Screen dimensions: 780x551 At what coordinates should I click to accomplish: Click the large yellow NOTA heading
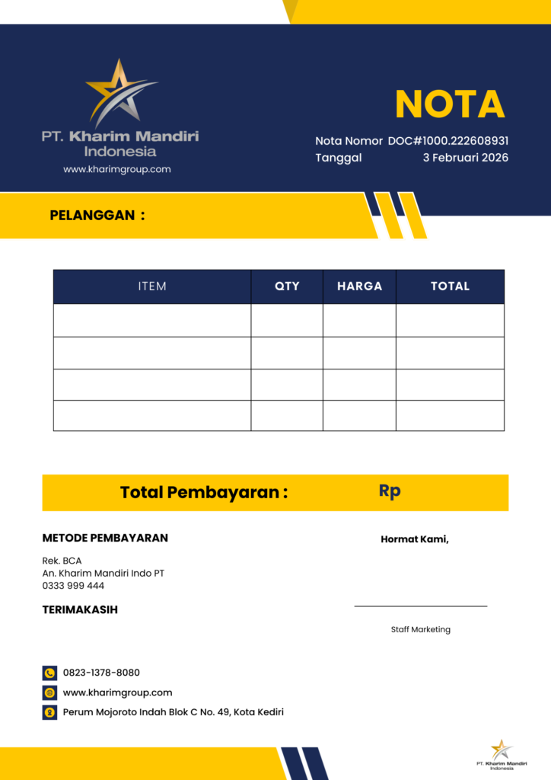coord(450,104)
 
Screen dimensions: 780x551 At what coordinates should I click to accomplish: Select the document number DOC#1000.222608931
coord(448,141)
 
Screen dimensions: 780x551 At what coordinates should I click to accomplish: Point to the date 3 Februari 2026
coord(465,158)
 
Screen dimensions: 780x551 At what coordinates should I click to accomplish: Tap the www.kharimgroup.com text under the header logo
coord(117,169)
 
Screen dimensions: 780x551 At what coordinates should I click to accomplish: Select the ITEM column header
coord(152,286)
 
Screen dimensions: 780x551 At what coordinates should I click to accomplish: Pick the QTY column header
coord(287,286)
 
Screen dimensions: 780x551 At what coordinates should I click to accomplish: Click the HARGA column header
coord(359,286)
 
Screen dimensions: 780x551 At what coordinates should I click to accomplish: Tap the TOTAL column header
coord(450,286)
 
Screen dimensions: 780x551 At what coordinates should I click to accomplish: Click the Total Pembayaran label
coord(204,492)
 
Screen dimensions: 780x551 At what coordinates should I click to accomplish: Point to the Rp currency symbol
coord(390,491)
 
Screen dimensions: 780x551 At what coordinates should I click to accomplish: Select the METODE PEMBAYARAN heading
coord(105,538)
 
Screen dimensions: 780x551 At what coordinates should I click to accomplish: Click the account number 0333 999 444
coord(73,586)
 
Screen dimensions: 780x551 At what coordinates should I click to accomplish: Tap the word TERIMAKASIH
coord(80,609)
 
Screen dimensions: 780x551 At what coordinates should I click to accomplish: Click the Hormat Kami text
coord(415,539)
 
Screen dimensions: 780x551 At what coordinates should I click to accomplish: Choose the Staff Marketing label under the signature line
coord(421,629)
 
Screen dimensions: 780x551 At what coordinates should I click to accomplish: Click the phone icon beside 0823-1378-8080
coord(49,673)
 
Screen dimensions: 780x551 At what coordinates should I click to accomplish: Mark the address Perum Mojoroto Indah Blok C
coord(173,712)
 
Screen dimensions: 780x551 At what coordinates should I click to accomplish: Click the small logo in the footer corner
coord(502,753)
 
